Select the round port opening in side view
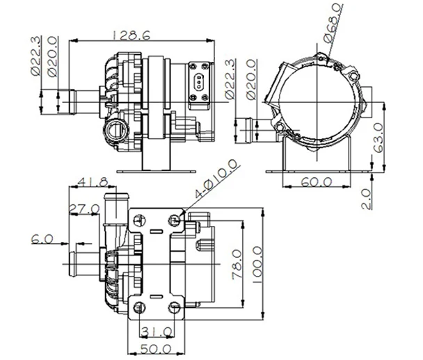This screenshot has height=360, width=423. (115, 128)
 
